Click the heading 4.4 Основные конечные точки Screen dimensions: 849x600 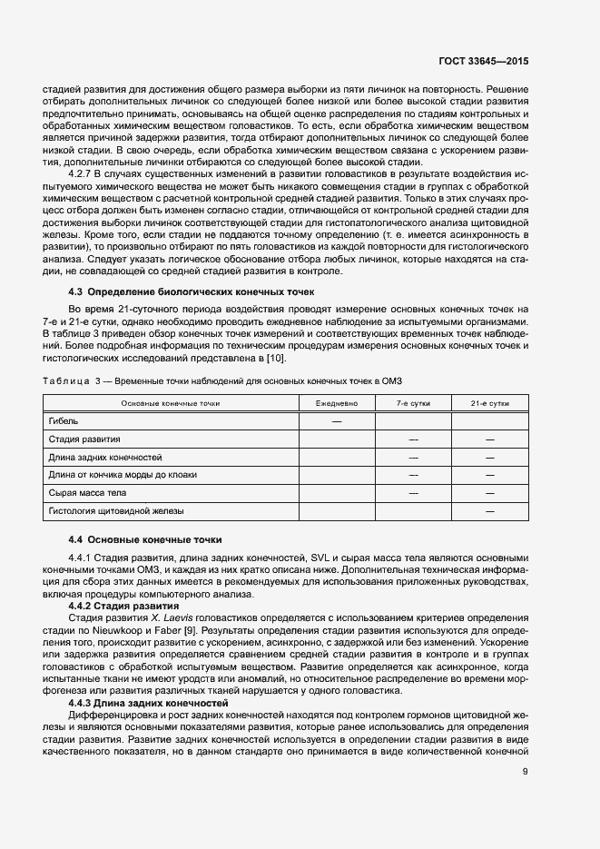pos(144,539)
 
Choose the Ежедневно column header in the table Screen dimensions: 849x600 pos(337,402)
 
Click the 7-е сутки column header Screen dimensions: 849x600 pos(413,402)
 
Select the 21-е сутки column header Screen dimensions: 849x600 pos(489,402)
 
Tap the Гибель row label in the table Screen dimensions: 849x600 pos(63,421)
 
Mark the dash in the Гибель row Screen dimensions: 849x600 pos(337,421)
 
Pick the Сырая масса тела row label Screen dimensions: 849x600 pos(88,492)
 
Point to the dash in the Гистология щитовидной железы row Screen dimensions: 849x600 pos(489,511)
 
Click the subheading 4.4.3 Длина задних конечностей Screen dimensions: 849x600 pos(149,678)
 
